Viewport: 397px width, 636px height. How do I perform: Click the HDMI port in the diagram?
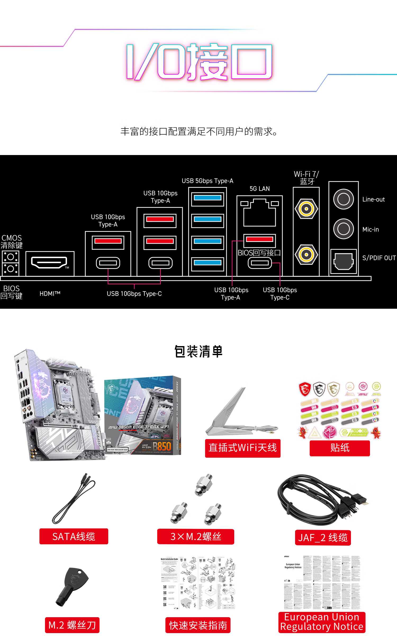tap(49, 263)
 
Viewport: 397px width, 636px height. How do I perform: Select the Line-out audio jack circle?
tap(343, 199)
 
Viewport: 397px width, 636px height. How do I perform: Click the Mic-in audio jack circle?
tap(343, 229)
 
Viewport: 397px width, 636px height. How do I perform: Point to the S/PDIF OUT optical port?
tap(343, 261)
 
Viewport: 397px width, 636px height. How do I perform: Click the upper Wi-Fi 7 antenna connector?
tap(306, 209)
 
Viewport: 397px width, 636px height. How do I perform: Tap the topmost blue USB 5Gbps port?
tap(207, 198)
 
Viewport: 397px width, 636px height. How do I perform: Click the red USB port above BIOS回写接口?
tap(259, 239)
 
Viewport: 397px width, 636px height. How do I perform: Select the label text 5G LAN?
tap(260, 189)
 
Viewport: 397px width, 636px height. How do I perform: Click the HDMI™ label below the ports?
tap(50, 294)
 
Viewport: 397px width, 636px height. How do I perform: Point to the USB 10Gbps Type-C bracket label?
tap(134, 294)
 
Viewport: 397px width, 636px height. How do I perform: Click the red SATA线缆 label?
tap(74, 537)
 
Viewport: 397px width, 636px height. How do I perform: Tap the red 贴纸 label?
tap(340, 448)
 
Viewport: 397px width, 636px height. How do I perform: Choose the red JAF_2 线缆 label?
tap(323, 538)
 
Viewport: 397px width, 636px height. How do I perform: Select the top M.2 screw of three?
tap(204, 485)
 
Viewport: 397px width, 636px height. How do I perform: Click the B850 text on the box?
tap(162, 447)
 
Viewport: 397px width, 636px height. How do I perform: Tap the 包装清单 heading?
tap(198, 352)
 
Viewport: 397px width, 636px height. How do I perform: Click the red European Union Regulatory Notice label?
tap(322, 622)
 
